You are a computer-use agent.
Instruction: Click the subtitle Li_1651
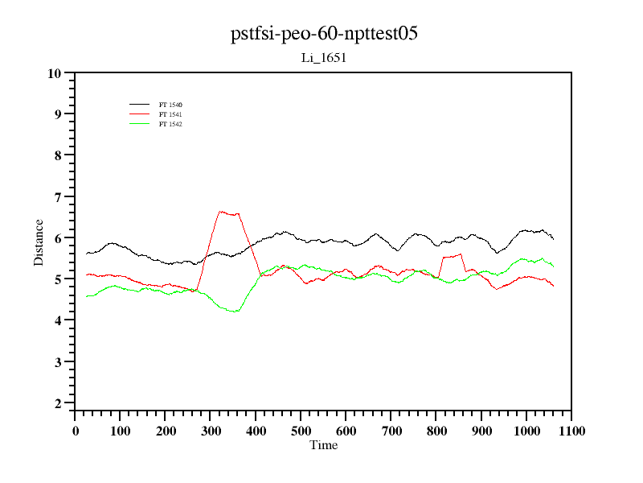pyautogui.click(x=323, y=57)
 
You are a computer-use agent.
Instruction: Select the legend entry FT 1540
pyautogui.click(x=170, y=105)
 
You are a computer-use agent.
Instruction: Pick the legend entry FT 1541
pyautogui.click(x=170, y=114)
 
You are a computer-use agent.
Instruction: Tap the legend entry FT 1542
pyautogui.click(x=170, y=124)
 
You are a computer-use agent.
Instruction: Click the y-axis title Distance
pyautogui.click(x=39, y=242)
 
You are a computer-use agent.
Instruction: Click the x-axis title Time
pyautogui.click(x=323, y=445)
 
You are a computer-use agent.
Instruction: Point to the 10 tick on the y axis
pyautogui.click(x=55, y=73)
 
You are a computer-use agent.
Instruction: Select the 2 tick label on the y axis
pyautogui.click(x=58, y=403)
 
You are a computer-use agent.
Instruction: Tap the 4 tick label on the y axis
pyautogui.click(x=58, y=320)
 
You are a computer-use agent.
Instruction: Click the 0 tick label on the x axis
pyautogui.click(x=76, y=431)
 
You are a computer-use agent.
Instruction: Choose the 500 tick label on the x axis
pyautogui.click(x=301, y=431)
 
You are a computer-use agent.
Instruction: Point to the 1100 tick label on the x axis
pyautogui.click(x=571, y=431)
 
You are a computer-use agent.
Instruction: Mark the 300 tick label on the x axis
pyautogui.click(x=211, y=431)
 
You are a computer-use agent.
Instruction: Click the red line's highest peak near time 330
pyautogui.click(x=222, y=212)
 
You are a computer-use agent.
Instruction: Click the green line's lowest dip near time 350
pyautogui.click(x=235, y=311)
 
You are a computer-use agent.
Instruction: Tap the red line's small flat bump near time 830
pyautogui.click(x=452, y=256)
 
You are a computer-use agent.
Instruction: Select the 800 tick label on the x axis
pyautogui.click(x=436, y=431)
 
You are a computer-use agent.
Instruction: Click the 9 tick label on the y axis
pyautogui.click(x=58, y=114)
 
